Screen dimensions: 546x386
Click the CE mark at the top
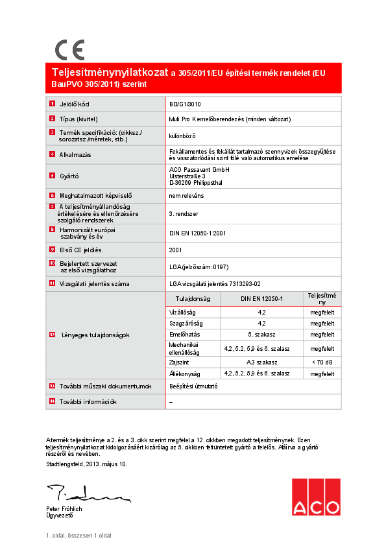[x=69, y=50]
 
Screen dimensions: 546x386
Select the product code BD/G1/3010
[x=186, y=104]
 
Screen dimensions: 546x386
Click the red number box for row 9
[x=52, y=250]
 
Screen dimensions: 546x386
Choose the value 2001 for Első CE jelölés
[x=175, y=250]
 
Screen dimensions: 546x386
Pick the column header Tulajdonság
[x=194, y=299]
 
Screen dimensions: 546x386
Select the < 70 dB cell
[x=322, y=362]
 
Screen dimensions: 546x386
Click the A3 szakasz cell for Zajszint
[x=262, y=362]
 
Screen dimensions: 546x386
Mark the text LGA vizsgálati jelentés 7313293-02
[x=215, y=283]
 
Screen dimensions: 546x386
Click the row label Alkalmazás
[x=75, y=154]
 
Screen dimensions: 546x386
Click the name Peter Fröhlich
[x=64, y=509]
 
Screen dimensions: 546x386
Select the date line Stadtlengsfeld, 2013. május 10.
[x=87, y=464]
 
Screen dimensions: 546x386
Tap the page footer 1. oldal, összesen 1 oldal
[x=78, y=536]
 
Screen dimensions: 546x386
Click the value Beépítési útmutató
[x=193, y=386]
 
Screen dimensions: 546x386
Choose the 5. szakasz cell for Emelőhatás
[x=262, y=335]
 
